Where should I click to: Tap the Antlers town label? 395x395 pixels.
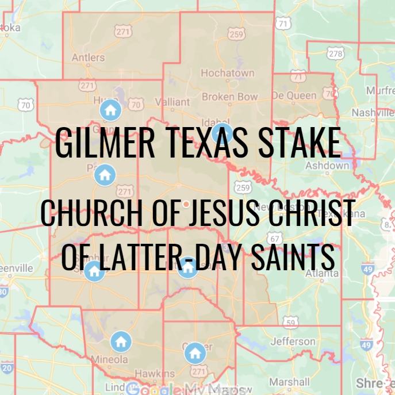click(x=88, y=57)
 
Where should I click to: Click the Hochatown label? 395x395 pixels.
click(x=227, y=74)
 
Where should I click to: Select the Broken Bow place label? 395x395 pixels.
click(x=229, y=97)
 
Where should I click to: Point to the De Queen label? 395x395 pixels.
click(x=294, y=95)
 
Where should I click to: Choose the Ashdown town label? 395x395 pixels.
click(x=327, y=166)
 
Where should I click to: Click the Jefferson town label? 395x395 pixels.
click(x=293, y=342)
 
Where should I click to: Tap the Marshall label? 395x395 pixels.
click(x=289, y=382)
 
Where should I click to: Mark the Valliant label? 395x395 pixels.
click(x=172, y=102)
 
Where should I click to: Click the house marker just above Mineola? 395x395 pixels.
click(x=121, y=342)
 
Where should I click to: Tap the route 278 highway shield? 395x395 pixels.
click(x=336, y=53)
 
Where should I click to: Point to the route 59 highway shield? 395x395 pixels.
click(x=292, y=321)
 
